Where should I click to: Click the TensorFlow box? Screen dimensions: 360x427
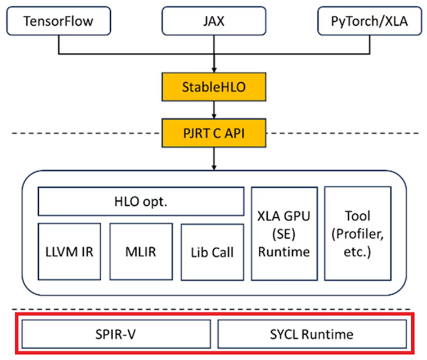coord(57,22)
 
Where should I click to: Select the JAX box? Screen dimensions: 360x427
coord(214,22)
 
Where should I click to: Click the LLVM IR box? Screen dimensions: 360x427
coord(70,251)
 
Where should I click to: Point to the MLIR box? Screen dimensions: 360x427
coord(141,251)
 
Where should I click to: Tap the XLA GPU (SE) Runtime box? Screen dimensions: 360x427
coord(283,233)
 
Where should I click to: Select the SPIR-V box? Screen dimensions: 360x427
coord(116,334)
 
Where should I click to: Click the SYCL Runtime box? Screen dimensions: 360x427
coord(311,334)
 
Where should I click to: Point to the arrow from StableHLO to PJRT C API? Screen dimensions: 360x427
coord(214,109)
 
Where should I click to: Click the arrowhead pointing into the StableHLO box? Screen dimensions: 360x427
coord(214,70)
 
